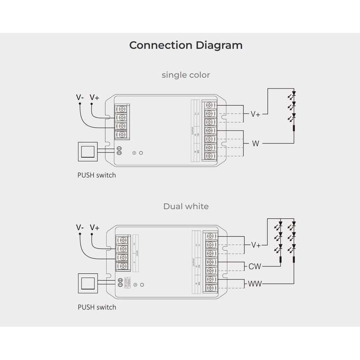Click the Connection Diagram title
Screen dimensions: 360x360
click(186, 45)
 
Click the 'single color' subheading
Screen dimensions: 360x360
click(186, 75)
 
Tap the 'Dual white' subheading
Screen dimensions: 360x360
click(186, 207)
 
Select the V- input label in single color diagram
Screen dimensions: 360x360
click(80, 97)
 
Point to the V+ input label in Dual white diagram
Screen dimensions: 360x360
click(94, 228)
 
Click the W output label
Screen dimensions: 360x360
click(256, 144)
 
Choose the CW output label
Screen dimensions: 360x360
click(255, 266)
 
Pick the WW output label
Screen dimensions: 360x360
click(256, 284)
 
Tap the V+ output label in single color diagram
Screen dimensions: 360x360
click(255, 114)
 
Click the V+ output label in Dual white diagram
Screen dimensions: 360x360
click(256, 245)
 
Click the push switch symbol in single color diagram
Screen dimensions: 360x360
click(88, 152)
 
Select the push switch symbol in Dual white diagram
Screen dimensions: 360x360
click(88, 283)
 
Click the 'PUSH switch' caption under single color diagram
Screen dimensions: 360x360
click(97, 175)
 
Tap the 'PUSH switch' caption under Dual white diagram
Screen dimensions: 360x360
click(97, 307)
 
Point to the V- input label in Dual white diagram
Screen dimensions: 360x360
click(80, 228)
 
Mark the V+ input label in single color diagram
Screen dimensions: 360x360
click(94, 97)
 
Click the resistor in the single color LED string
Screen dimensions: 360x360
click(294, 130)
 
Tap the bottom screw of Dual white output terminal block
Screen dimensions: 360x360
click(210, 288)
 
